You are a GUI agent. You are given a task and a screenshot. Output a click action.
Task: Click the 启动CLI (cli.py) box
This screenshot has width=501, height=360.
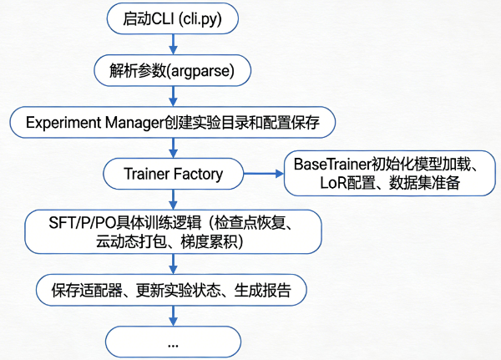(x=173, y=18)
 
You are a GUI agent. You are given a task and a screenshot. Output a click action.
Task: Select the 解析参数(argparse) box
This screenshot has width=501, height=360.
(x=173, y=70)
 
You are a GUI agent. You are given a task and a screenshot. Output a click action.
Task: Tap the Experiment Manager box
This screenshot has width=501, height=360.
(x=173, y=122)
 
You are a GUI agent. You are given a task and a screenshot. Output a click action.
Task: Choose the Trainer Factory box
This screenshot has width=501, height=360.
(x=173, y=174)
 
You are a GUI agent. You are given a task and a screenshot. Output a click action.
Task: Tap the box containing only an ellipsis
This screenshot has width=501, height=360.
(x=173, y=342)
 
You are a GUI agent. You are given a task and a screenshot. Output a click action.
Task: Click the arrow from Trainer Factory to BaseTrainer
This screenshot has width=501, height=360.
(x=263, y=174)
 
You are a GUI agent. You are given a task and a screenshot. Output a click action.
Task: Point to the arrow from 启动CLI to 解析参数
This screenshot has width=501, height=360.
(x=173, y=44)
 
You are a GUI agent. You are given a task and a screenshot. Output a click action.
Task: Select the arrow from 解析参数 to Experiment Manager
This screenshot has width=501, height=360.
(x=173, y=96)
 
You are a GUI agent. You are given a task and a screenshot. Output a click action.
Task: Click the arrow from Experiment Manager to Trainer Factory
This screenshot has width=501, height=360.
(x=173, y=148)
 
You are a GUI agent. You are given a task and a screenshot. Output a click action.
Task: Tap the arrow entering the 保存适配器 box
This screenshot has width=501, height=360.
(x=173, y=264)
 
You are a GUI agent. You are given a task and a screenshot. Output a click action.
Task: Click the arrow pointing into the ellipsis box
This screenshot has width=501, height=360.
(x=173, y=316)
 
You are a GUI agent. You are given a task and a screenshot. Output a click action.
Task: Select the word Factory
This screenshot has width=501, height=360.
(x=198, y=174)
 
